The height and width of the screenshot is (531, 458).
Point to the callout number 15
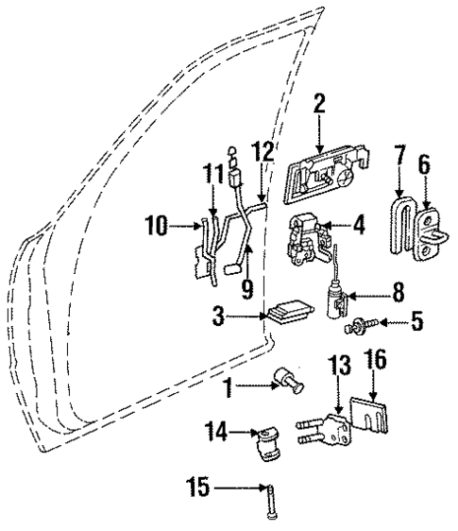(x=197, y=488)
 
